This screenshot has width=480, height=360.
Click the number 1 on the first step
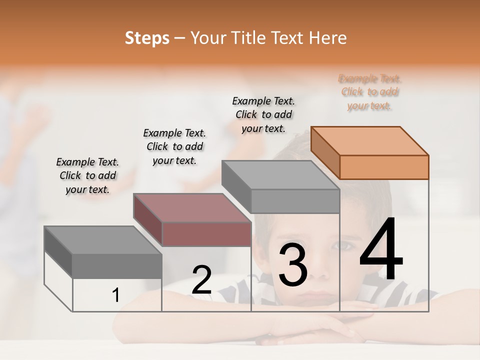click(116, 295)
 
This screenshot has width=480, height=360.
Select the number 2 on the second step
click(202, 280)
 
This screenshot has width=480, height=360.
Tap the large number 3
click(293, 265)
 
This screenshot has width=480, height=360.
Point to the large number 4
click(381, 250)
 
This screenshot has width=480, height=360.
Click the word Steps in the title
click(147, 38)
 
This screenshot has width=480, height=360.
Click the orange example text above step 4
click(370, 92)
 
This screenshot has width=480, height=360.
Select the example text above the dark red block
click(174, 146)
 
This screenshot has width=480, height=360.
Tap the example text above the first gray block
click(87, 175)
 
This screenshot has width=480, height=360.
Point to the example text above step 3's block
click(263, 114)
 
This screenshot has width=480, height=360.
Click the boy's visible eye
click(343, 245)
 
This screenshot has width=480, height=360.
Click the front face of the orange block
click(384, 167)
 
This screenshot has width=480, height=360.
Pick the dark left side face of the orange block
click(325, 152)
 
